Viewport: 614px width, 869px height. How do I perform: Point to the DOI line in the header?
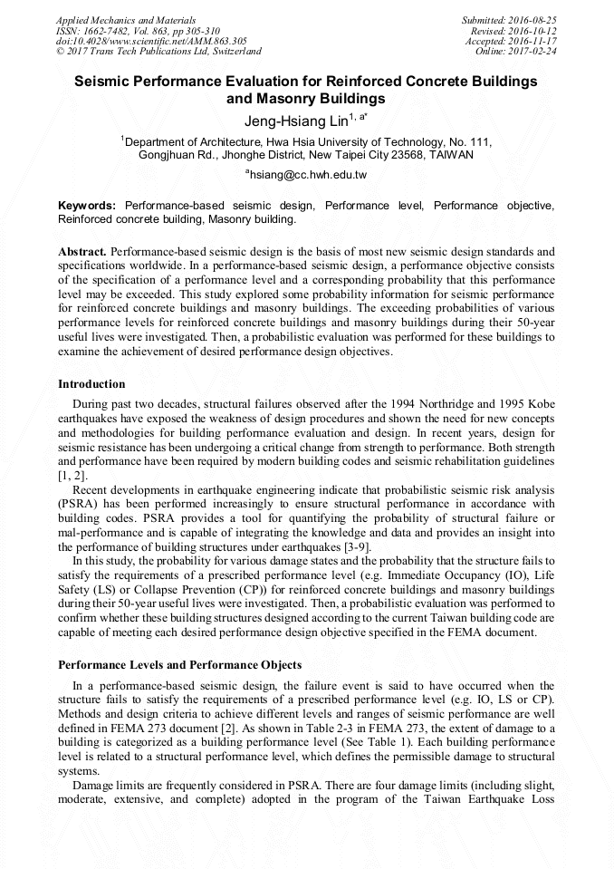[151, 41]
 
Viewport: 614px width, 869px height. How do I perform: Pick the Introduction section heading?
[91, 384]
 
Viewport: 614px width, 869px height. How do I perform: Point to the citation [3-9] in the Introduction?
[365, 547]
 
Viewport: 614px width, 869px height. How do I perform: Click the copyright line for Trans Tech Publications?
[158, 52]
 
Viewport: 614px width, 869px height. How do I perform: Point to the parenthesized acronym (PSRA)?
[79, 504]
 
